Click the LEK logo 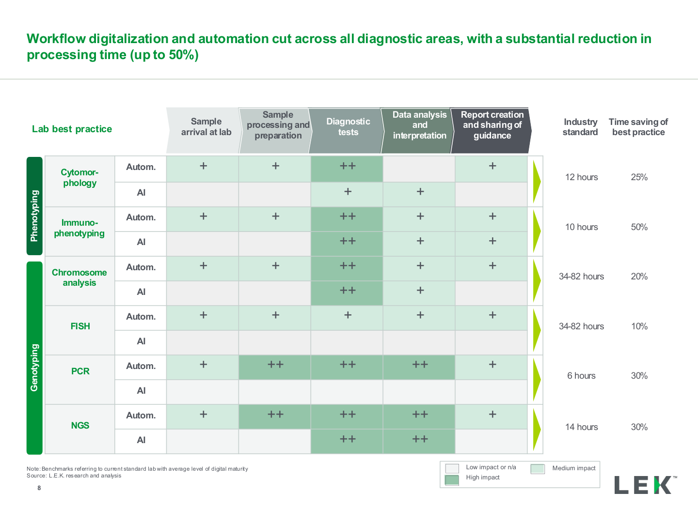(646, 485)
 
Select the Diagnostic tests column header (348, 127)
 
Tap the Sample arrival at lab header (206, 127)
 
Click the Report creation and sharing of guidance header (492, 125)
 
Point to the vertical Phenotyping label (34, 215)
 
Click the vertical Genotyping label (34, 368)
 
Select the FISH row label (80, 326)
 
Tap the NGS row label (80, 425)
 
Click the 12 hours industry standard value (581, 177)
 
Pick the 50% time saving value (639, 227)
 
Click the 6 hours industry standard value (581, 376)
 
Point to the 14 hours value (581, 427)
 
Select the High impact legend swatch (452, 480)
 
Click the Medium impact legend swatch (538, 469)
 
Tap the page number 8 (39, 488)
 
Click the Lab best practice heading (72, 129)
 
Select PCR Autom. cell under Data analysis (419, 367)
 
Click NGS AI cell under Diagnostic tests (347, 441)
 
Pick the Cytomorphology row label (79, 178)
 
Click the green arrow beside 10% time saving (537, 330)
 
